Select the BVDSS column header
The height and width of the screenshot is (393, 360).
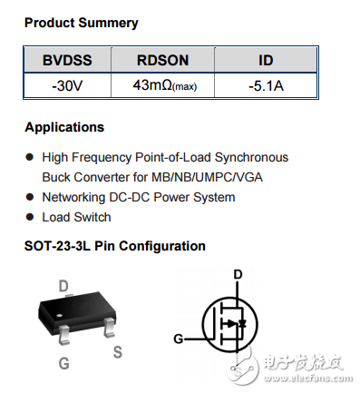click(x=66, y=61)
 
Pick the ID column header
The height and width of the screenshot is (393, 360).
click(x=266, y=61)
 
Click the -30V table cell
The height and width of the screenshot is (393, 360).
click(x=66, y=86)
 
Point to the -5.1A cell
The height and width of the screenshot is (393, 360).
click(x=266, y=86)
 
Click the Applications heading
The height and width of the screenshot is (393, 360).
click(x=64, y=128)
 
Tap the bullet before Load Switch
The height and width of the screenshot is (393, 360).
click(x=30, y=218)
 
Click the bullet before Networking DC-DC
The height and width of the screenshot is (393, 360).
click(x=30, y=198)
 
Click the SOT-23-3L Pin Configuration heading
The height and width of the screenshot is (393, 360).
click(x=115, y=247)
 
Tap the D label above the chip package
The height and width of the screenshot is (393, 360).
click(x=63, y=286)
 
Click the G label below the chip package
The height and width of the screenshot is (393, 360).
click(x=63, y=364)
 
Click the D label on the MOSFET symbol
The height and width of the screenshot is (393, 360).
click(x=238, y=275)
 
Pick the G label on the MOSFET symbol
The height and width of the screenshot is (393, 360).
click(x=178, y=340)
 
